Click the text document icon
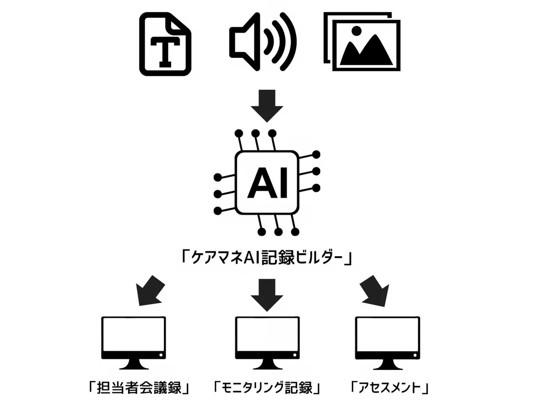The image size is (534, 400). [x=165, y=44]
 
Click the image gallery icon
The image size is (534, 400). [x=362, y=42]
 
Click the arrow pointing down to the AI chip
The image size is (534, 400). [x=267, y=105]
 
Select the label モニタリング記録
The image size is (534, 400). [x=267, y=388]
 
